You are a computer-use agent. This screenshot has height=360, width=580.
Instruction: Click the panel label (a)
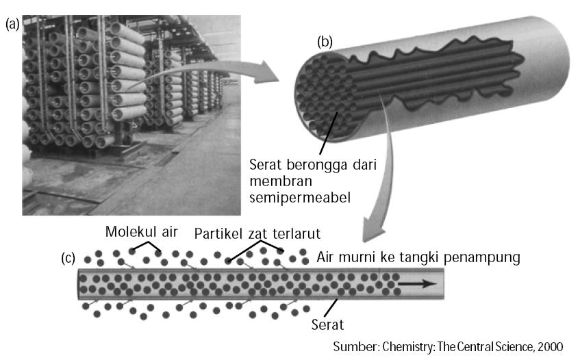pos(12,24)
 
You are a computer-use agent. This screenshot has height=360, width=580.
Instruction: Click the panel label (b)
pos(325,42)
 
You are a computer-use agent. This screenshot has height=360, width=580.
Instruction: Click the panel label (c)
pos(68,259)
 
